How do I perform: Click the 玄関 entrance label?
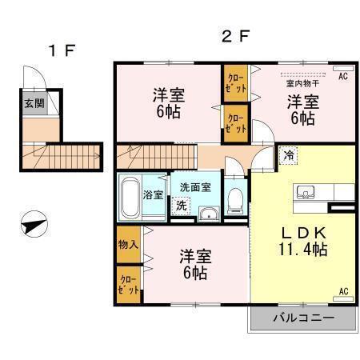(34, 103)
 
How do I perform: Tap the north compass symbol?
(34, 224)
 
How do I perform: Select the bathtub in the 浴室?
(130, 198)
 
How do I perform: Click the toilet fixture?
(235, 201)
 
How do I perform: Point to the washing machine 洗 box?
(181, 206)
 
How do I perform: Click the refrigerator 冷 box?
(288, 155)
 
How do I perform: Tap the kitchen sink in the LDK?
(306, 192)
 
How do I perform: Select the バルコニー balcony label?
(304, 318)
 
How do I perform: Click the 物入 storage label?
(128, 244)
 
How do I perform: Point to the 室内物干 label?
(302, 84)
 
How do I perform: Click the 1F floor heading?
(62, 50)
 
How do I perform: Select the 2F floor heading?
(236, 36)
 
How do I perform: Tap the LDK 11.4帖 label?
(303, 242)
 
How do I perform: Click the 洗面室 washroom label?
(195, 187)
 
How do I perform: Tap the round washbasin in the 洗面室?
(209, 214)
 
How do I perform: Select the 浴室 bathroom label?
(153, 195)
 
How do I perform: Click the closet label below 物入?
(129, 285)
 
